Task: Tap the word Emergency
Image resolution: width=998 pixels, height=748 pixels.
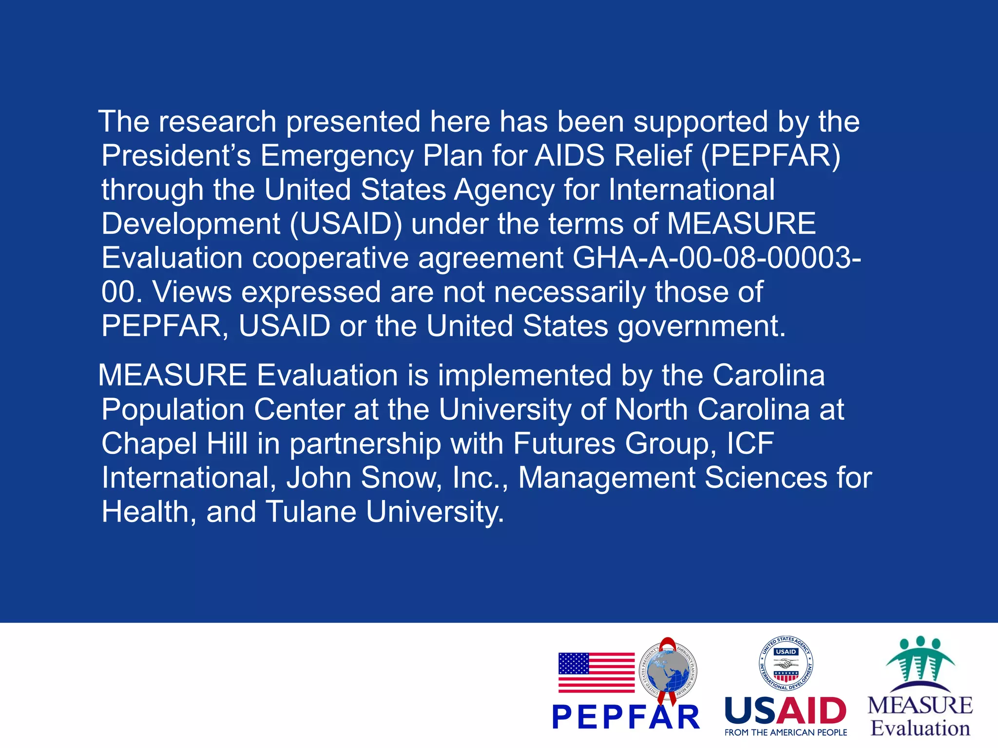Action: pyautogui.click(x=337, y=156)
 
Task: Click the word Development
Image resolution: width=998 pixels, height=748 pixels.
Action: pyautogui.click(x=191, y=224)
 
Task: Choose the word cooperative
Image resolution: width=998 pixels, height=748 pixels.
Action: pyautogui.click(x=330, y=258)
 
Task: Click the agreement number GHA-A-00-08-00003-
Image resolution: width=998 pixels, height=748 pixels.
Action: pyautogui.click(x=716, y=258)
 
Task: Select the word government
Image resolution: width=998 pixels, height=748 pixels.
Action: pyautogui.click(x=702, y=326)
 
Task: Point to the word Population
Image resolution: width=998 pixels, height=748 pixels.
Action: pyautogui.click(x=173, y=410)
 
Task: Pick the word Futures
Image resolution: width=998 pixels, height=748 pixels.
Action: pyautogui.click(x=564, y=444)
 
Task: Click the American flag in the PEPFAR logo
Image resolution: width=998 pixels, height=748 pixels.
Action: pyautogui.click(x=596, y=673)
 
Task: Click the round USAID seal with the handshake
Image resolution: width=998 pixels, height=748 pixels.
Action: pyautogui.click(x=786, y=664)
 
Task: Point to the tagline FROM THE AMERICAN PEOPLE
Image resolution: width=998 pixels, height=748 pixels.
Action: pyautogui.click(x=786, y=732)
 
